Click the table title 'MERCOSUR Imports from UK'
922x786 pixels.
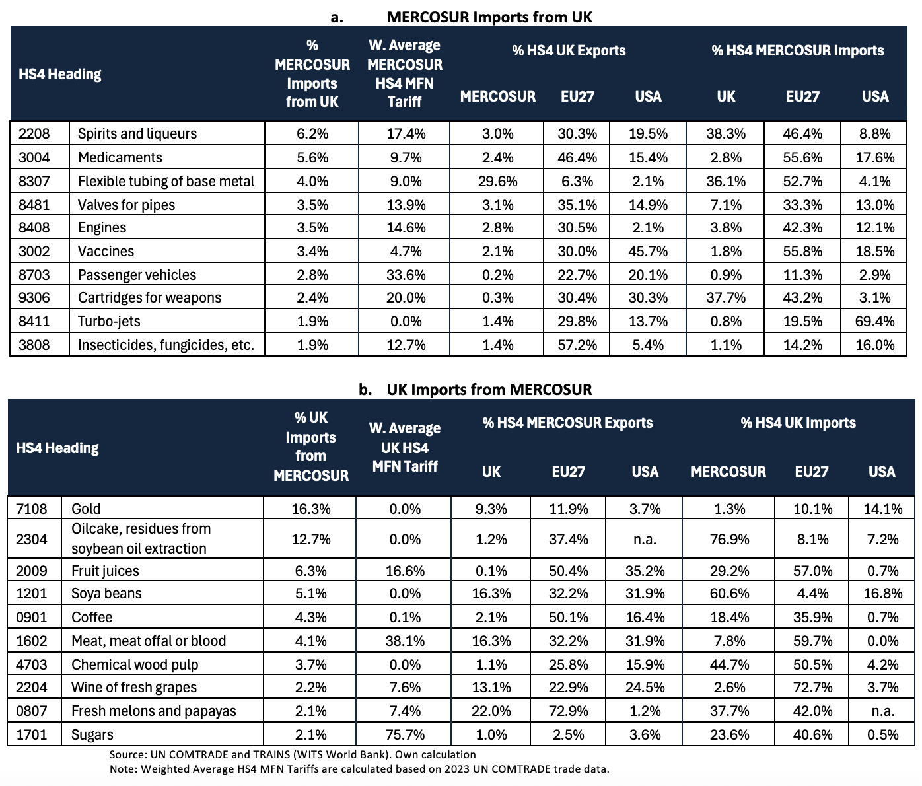(489, 17)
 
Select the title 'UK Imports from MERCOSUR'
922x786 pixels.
(489, 390)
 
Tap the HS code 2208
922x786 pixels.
(34, 134)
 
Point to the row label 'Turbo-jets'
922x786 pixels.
(109, 322)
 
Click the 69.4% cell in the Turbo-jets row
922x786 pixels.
(875, 322)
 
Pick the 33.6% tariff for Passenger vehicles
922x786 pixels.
(405, 275)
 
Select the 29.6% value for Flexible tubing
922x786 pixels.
(497, 181)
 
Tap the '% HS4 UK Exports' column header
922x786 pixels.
(569, 51)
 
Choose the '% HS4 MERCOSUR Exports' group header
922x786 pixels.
(567, 423)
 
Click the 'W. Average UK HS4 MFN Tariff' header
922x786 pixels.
(405, 447)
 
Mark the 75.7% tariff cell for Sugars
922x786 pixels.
(405, 734)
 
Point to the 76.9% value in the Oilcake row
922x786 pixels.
(728, 539)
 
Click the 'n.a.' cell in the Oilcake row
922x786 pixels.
(645, 539)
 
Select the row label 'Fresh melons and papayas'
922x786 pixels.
(153, 711)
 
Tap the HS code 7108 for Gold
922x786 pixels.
(32, 509)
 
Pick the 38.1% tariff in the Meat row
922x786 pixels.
(405, 641)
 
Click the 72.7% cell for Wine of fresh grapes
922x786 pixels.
(812, 687)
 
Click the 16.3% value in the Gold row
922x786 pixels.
(310, 509)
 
